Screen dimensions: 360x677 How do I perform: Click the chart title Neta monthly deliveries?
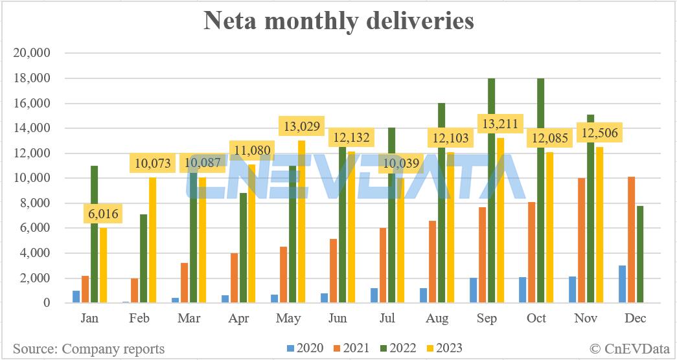click(x=339, y=21)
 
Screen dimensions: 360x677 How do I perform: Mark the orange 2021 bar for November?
click(x=581, y=240)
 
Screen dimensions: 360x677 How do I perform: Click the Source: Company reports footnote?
click(x=89, y=349)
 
